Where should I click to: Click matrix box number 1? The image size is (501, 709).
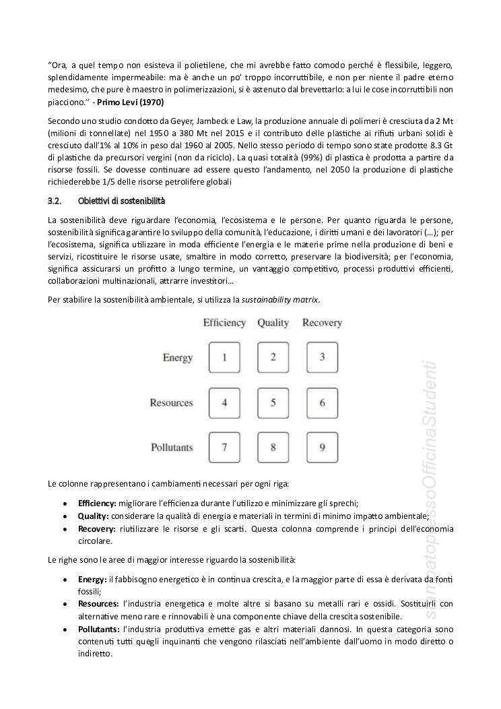pos(225,357)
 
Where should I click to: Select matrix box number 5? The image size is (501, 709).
pos(273,402)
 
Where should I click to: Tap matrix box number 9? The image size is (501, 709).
pos(322,447)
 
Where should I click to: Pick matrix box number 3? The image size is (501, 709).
pos(322,357)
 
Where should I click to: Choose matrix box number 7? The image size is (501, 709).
pos(225,447)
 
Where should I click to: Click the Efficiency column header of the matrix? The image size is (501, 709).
pos(224,323)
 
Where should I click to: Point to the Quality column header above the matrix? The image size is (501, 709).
pos(273,323)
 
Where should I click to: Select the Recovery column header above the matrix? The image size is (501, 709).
pos(322,323)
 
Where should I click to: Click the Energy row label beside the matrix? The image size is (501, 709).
pos(178,358)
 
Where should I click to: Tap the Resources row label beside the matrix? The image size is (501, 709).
pos(171,403)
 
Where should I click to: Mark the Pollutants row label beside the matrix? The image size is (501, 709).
pos(172,448)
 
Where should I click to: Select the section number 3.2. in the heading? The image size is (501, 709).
pos(55,201)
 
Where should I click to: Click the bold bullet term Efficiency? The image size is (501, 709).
pos(97,503)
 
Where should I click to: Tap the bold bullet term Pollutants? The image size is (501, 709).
pos(99,629)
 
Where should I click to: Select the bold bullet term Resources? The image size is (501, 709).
pos(98,605)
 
